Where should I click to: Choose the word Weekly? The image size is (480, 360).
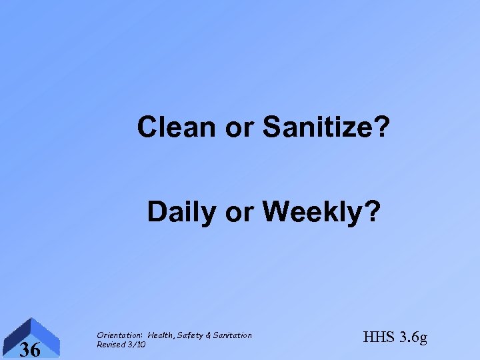click(x=312, y=213)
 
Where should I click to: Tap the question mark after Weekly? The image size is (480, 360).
click(x=373, y=212)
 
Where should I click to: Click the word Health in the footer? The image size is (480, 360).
click(x=161, y=335)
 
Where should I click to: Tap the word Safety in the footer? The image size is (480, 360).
click(x=193, y=335)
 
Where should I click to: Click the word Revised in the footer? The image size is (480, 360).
click(x=111, y=345)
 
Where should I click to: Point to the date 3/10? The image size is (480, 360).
click(x=137, y=345)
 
